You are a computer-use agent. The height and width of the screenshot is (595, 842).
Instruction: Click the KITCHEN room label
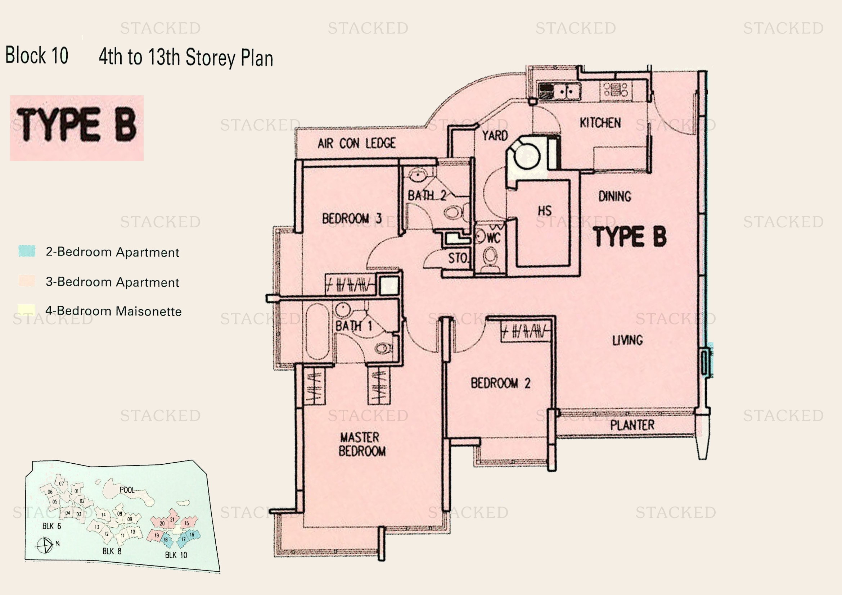point(600,123)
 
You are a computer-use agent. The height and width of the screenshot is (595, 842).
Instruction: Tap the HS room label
point(545,211)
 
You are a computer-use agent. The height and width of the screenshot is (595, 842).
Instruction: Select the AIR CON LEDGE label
point(356,143)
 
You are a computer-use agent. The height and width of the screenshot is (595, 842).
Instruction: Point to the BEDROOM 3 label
point(352,219)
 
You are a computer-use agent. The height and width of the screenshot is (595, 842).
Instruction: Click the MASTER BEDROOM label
point(361,444)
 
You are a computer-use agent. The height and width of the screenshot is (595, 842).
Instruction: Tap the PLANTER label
point(632,425)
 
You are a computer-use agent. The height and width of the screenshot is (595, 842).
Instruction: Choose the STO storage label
point(458,258)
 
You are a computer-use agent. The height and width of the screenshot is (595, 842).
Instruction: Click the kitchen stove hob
point(616,90)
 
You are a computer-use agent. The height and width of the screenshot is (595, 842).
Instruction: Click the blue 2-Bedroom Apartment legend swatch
point(27,251)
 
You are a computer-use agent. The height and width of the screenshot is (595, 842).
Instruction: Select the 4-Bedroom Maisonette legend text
point(113,312)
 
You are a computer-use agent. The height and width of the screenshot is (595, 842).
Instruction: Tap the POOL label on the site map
point(127,490)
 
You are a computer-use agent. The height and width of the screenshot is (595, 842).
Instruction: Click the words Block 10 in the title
point(37,56)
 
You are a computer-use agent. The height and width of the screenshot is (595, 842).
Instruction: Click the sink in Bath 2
point(417,175)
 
